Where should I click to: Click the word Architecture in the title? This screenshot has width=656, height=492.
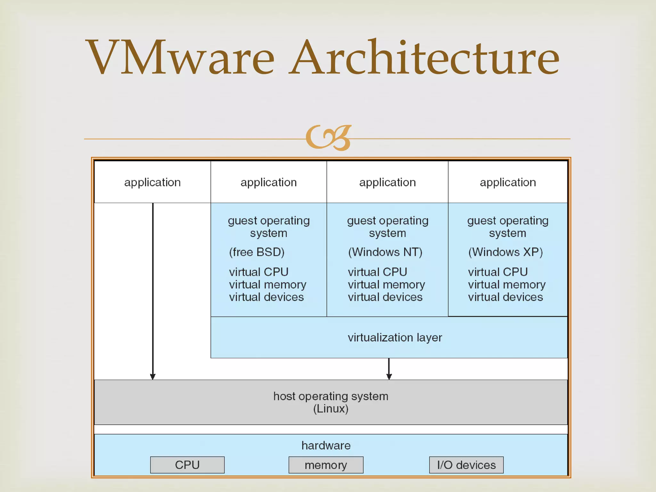click(424, 58)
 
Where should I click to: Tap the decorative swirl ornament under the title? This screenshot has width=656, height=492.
click(329, 138)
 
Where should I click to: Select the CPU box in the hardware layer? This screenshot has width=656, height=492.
click(187, 465)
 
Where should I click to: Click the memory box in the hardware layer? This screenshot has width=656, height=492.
click(326, 465)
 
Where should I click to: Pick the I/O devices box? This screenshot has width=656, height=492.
click(466, 465)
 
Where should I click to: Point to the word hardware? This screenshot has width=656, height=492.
click(326, 446)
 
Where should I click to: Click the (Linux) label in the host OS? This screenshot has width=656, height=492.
click(331, 409)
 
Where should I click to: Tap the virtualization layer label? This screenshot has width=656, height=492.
click(395, 338)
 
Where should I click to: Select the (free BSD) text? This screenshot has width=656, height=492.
click(257, 252)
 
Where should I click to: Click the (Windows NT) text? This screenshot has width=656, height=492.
click(385, 252)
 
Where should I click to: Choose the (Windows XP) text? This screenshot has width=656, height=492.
click(505, 252)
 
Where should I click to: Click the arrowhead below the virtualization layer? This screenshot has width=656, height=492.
click(389, 377)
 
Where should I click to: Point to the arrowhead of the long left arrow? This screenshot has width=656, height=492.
click(153, 377)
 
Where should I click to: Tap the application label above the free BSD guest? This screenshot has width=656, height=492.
click(268, 182)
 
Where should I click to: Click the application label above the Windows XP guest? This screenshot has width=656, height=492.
click(508, 182)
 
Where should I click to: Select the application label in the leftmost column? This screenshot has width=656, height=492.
click(152, 182)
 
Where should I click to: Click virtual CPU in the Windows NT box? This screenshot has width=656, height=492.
click(377, 272)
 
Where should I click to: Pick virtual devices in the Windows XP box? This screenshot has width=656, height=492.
click(505, 297)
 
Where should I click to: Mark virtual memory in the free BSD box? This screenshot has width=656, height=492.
click(267, 284)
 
